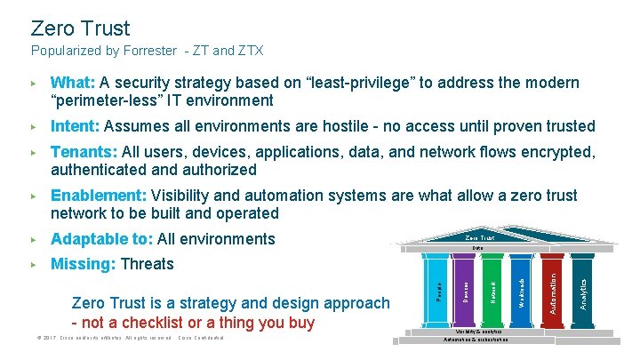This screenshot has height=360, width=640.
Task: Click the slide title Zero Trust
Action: [x=80, y=28]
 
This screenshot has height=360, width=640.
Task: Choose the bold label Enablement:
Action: [x=99, y=196]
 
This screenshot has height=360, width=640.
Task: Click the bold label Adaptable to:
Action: [x=101, y=239]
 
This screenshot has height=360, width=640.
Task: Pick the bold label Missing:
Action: [x=83, y=264]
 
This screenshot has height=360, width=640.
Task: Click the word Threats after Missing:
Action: [x=147, y=264]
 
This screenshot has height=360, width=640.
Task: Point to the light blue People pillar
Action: [x=436, y=290]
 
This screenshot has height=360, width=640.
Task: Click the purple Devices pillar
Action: [x=465, y=290]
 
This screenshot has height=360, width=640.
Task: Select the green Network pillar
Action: [x=494, y=290]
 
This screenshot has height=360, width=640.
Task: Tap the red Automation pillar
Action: [x=553, y=290]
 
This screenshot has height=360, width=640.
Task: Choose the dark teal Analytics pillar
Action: [x=582, y=290]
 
